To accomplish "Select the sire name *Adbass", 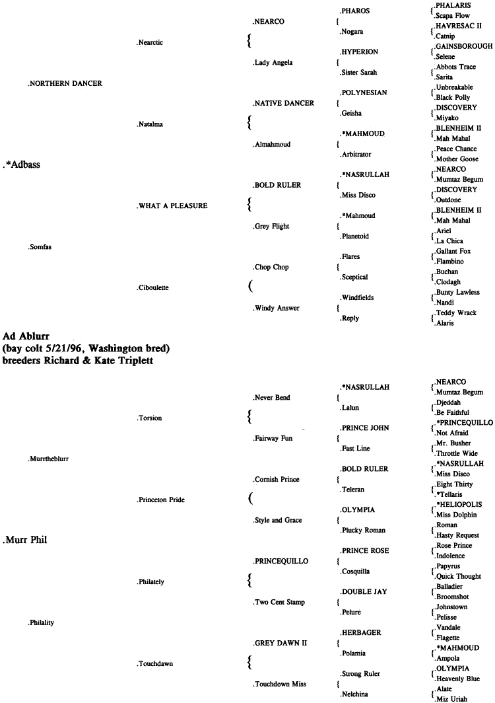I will pyautogui.click(x=22, y=165).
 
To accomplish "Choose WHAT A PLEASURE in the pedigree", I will pyautogui.click(x=171, y=207).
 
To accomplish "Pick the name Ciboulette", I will pyautogui.click(x=152, y=288).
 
